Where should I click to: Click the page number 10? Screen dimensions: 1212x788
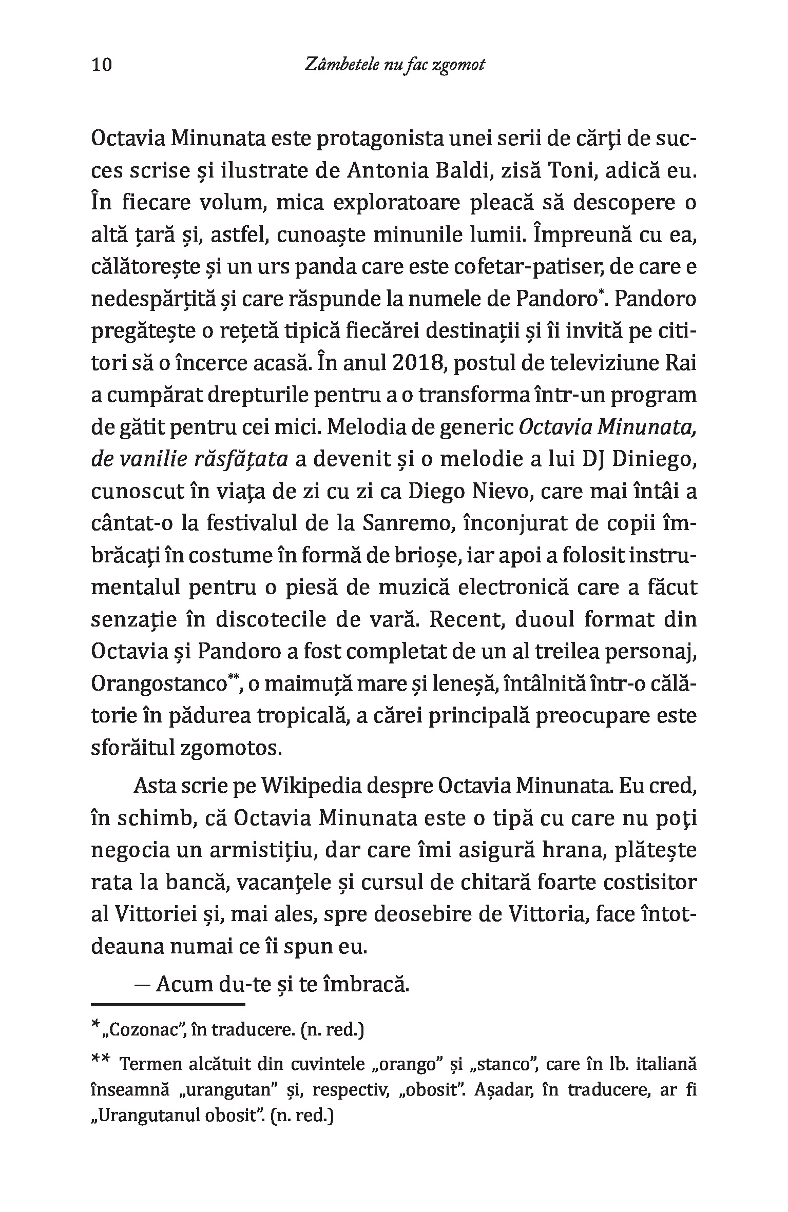pos(101,65)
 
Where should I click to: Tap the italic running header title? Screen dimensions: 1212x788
pos(394,65)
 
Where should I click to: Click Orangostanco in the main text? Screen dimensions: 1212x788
pos(159,685)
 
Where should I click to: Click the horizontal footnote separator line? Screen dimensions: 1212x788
pos(168,1004)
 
